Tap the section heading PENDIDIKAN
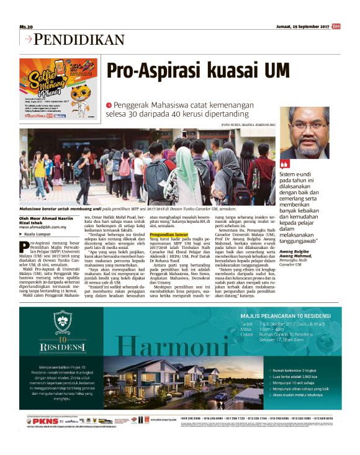click(x=79, y=40)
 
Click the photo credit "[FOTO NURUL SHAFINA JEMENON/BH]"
click(x=248, y=125)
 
